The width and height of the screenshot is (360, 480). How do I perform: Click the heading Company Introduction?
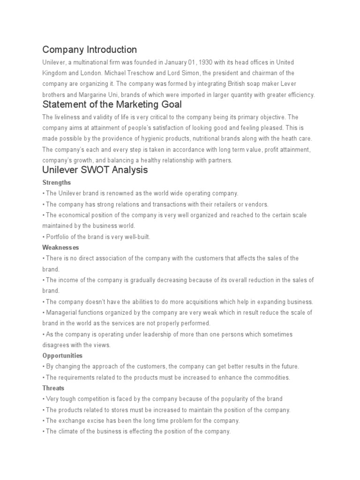click(x=90, y=50)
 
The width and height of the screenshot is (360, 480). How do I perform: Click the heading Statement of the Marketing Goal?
click(x=112, y=105)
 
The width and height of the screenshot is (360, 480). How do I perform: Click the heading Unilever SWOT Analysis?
click(x=95, y=170)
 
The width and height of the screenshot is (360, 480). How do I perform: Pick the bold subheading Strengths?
click(x=56, y=182)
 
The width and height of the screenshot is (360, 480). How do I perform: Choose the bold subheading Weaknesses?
click(x=60, y=247)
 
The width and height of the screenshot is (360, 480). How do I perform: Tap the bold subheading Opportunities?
click(x=62, y=356)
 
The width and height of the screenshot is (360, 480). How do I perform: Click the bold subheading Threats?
click(x=53, y=388)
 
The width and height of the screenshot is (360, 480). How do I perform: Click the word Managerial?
click(x=61, y=313)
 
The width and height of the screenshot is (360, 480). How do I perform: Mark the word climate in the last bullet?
click(x=68, y=431)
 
